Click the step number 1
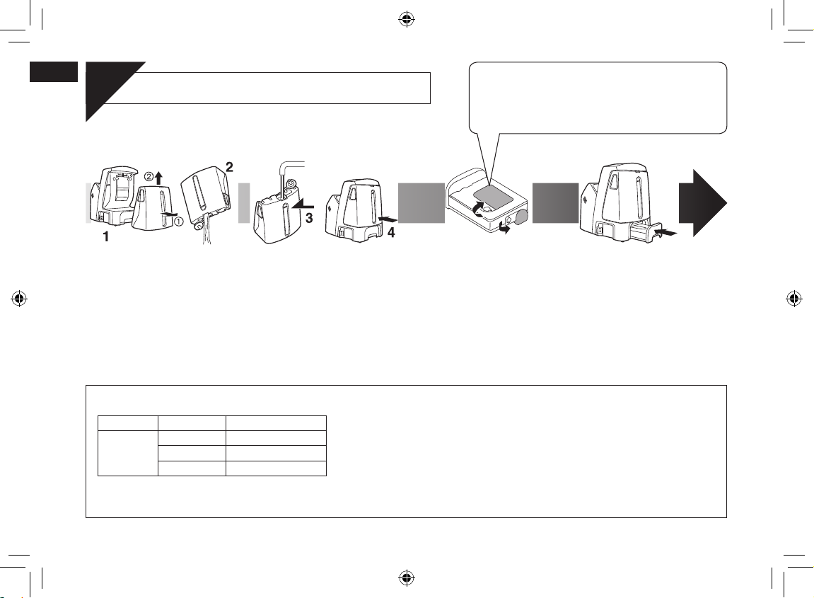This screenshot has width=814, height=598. (x=106, y=237)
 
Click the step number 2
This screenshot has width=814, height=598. (x=229, y=167)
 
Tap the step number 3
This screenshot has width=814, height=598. (x=309, y=219)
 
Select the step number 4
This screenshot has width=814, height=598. (x=391, y=234)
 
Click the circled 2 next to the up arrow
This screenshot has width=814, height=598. (x=149, y=177)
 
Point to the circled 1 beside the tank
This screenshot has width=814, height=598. (x=178, y=221)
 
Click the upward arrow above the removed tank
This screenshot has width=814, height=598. (x=159, y=179)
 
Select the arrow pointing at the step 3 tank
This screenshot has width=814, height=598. (x=303, y=206)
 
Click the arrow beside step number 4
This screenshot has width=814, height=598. (x=388, y=220)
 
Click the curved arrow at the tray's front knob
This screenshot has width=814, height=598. (x=503, y=227)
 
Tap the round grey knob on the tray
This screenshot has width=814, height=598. (x=520, y=217)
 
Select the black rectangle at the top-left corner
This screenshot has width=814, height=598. (x=54, y=71)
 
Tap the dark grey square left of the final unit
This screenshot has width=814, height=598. (x=555, y=203)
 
